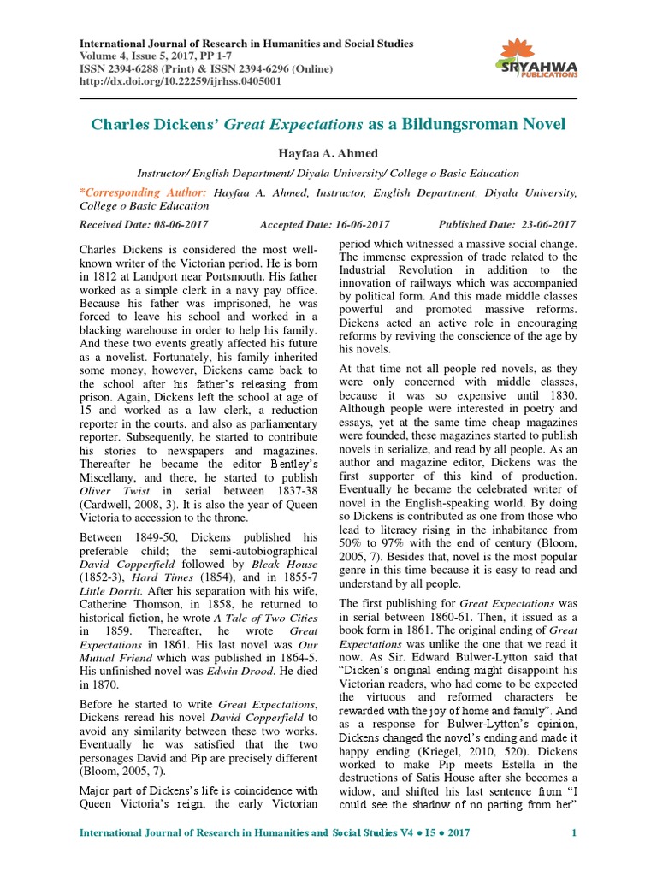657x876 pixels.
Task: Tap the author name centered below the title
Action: point(328,152)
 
